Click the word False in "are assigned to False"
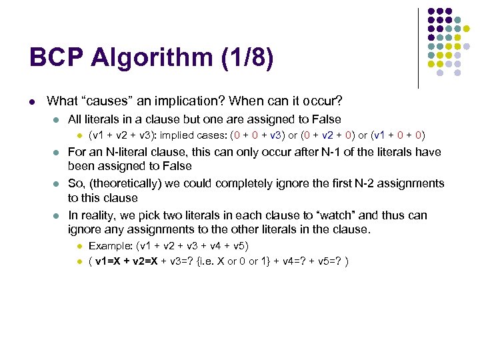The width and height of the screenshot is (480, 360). coord(325,119)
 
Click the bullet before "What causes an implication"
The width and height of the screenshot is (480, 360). coord(31,102)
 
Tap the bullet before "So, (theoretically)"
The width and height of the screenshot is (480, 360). coord(57,184)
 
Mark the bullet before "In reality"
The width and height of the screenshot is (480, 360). coord(57,216)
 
